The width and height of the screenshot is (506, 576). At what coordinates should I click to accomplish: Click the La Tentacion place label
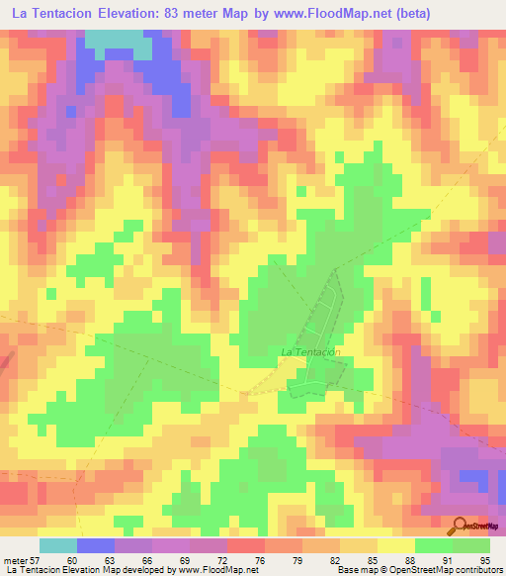[x=311, y=351]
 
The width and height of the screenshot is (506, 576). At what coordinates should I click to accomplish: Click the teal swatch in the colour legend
[x=57, y=545]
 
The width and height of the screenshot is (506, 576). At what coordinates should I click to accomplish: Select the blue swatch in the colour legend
[x=95, y=545]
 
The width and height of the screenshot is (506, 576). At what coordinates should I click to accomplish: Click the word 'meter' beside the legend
[x=16, y=560]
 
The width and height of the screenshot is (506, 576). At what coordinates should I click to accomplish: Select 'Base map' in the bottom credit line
[x=353, y=570]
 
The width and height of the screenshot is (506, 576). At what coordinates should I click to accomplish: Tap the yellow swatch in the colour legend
[x=395, y=545]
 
